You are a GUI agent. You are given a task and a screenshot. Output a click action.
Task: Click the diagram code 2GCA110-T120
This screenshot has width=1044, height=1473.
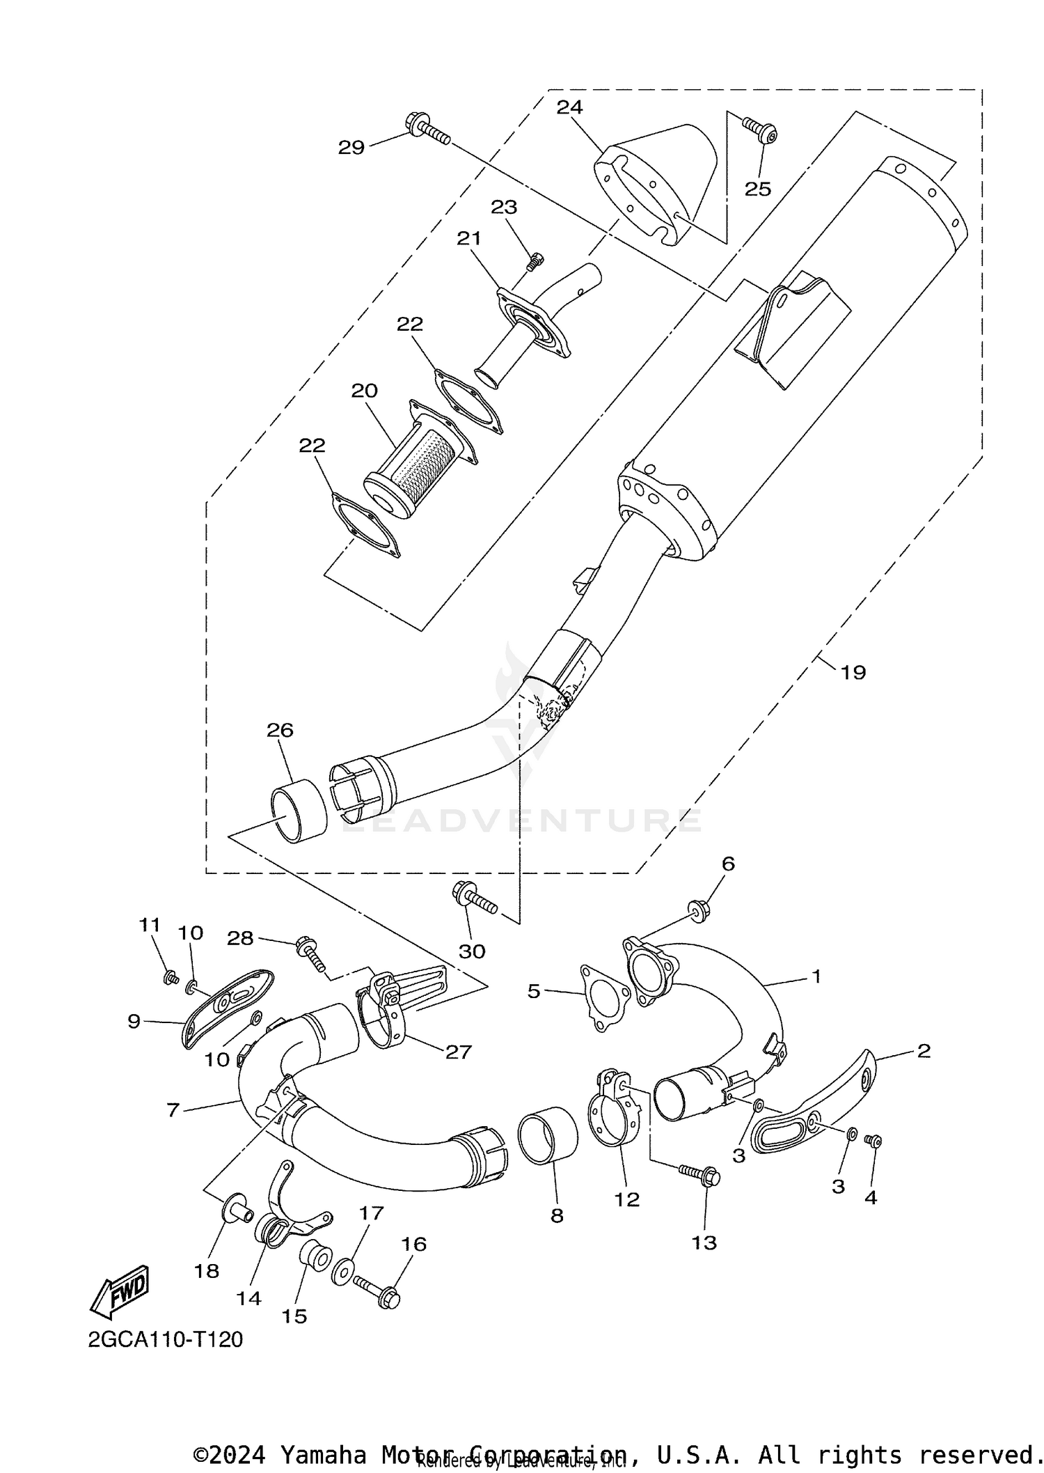pyautogui.click(x=166, y=1339)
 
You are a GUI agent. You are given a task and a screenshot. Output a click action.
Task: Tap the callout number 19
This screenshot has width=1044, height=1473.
pyautogui.click(x=853, y=672)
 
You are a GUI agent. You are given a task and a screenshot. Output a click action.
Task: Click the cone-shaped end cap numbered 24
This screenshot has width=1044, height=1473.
pyautogui.click(x=654, y=181)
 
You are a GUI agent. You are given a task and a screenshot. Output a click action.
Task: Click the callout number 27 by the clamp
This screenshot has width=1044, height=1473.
pyautogui.click(x=459, y=1052)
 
